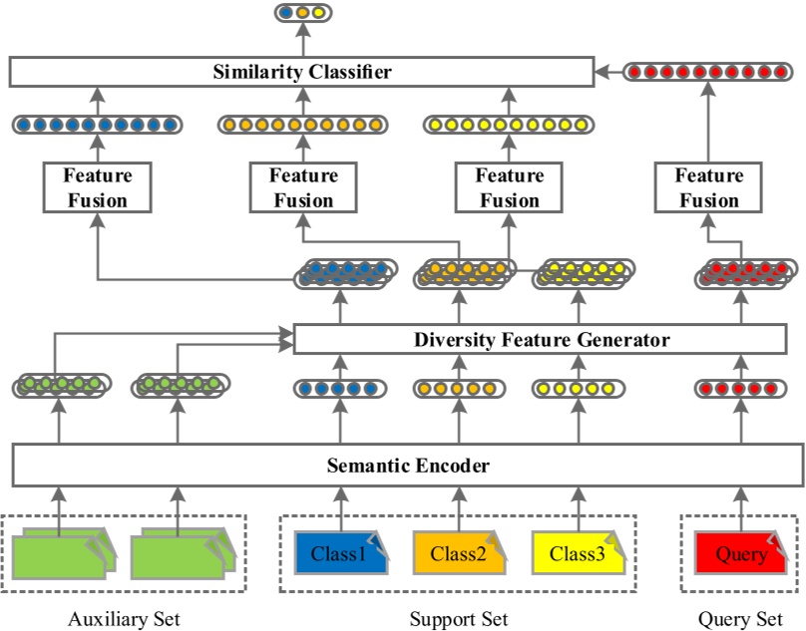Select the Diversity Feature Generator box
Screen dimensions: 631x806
542,340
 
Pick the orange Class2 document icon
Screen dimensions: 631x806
458,553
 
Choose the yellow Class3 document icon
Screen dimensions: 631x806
577,553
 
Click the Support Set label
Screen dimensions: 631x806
458,620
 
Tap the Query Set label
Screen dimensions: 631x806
740,620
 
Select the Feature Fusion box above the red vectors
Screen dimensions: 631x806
708,187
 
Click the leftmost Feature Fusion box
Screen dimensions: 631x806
97,187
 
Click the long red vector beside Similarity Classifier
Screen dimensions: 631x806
708,72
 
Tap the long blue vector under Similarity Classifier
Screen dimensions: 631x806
97,125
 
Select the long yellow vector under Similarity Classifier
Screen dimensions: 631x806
509,125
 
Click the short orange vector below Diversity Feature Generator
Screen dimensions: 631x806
458,388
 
